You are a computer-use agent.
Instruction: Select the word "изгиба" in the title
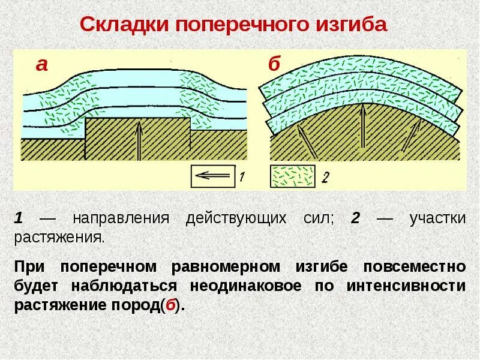click(352, 25)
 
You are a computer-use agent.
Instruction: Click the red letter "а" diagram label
click(41, 64)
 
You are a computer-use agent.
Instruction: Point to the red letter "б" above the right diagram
click(274, 64)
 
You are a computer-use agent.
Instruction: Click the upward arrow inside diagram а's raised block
click(139, 140)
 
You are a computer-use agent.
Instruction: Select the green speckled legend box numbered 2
click(293, 176)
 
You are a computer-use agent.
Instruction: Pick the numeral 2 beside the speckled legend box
click(325, 176)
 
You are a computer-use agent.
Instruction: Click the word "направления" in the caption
click(120, 218)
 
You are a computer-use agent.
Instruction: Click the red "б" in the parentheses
click(171, 304)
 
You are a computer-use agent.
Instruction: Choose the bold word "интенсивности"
click(406, 285)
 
